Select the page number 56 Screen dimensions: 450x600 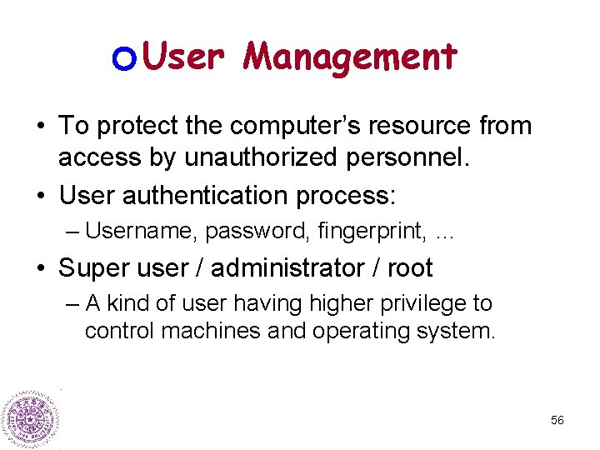pos(557,421)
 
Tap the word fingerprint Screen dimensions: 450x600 pos(372,230)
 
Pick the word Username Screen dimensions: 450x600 pos(140,230)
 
